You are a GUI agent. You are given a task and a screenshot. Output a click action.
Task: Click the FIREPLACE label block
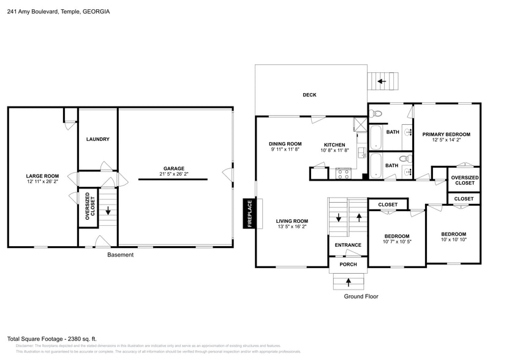[x=249, y=214]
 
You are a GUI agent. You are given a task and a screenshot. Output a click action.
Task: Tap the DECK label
[x=309, y=95]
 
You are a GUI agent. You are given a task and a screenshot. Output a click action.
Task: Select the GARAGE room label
[x=173, y=168]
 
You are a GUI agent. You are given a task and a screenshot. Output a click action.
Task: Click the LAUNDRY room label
[x=97, y=139]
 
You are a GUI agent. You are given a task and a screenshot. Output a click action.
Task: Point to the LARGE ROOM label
[x=42, y=176]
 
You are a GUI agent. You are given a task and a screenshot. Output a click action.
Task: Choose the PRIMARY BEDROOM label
[x=446, y=134]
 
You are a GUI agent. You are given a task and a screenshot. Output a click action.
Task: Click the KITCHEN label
[x=335, y=145]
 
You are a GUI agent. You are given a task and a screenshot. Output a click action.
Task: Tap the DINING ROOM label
[x=285, y=144]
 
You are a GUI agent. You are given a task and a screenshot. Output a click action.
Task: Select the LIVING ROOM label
[x=292, y=221]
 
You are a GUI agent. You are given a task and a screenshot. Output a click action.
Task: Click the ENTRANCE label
[x=348, y=245]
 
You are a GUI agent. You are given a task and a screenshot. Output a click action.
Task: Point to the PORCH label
[x=348, y=264]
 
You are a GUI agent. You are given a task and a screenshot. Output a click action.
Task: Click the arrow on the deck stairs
[x=382, y=81]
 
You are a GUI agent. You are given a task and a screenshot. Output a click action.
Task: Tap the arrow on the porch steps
[x=349, y=282]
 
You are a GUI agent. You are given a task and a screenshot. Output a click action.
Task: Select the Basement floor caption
[x=120, y=255]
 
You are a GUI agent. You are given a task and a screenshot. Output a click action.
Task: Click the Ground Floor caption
[x=361, y=296]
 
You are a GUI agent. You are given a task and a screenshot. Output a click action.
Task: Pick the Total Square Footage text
[x=52, y=339]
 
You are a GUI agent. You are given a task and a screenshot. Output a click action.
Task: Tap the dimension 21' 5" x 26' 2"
[x=173, y=174]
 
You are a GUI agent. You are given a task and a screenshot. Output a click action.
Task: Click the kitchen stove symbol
[x=342, y=174]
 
